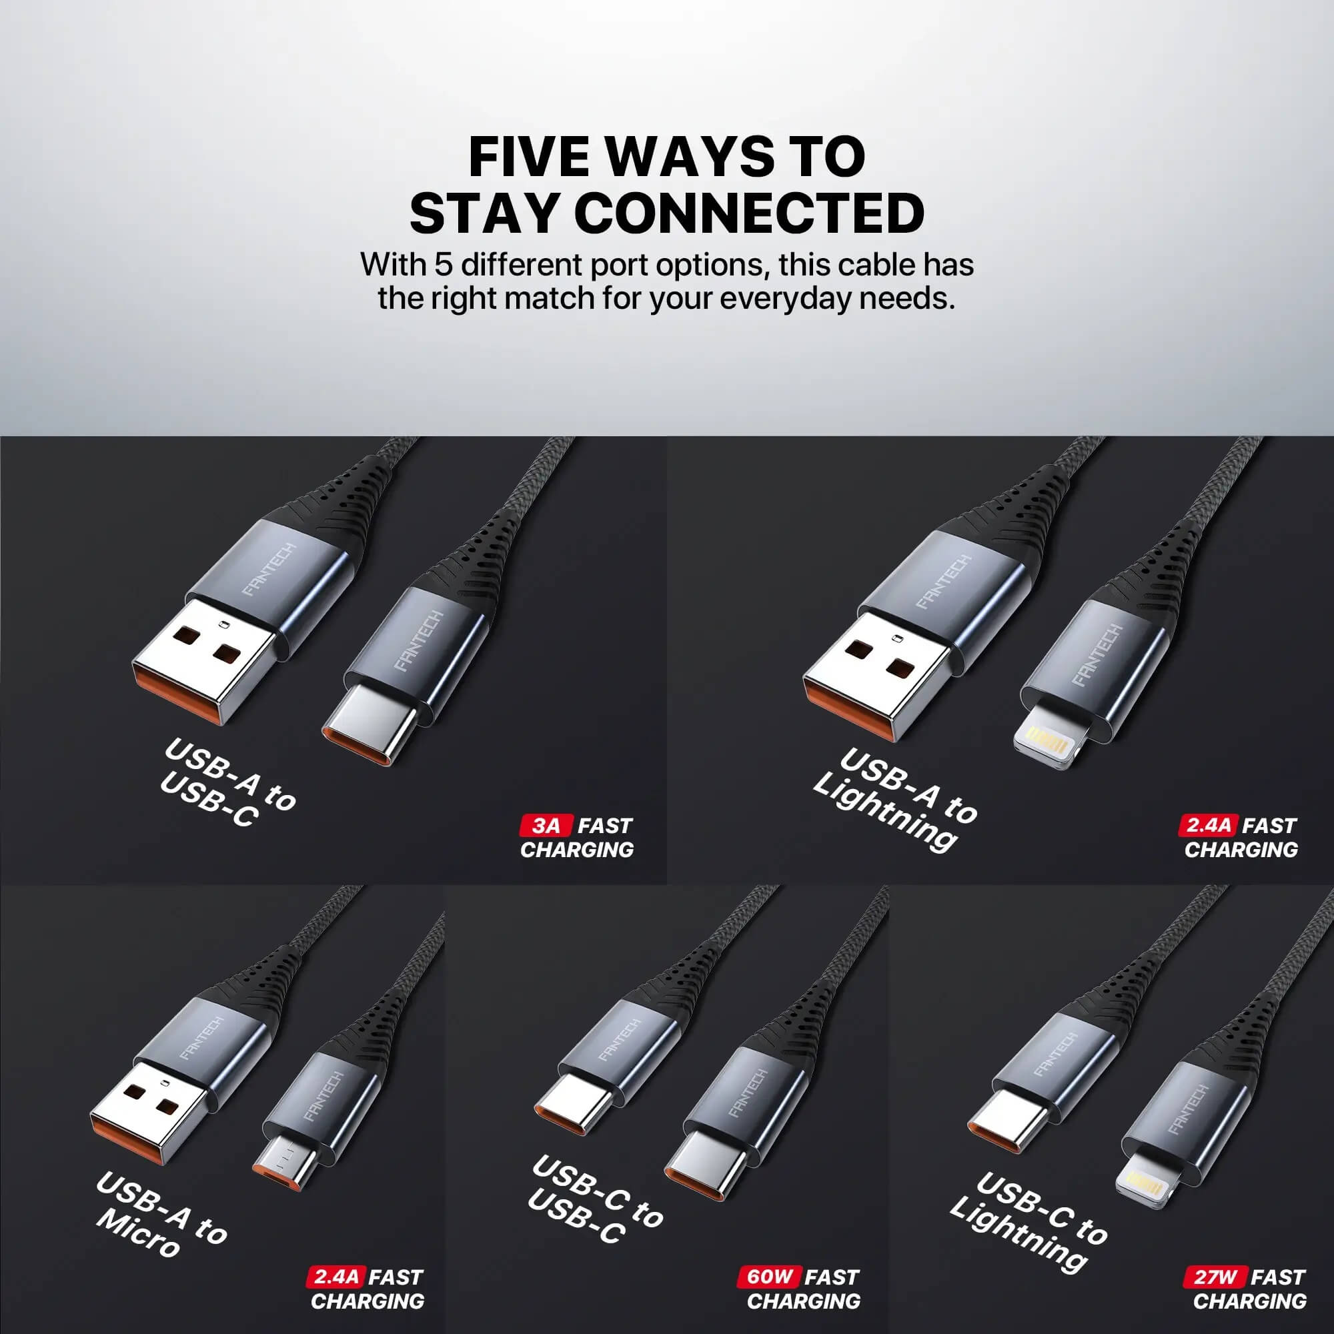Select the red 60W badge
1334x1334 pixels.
770,1276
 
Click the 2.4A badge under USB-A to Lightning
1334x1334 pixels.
1209,825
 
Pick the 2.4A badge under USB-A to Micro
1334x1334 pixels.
335,1276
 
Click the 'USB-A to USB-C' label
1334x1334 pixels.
228,784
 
